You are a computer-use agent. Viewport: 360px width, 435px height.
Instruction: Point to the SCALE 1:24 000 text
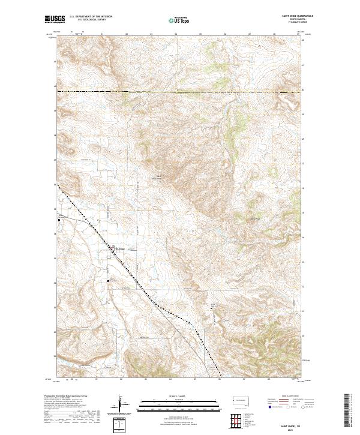[179, 397]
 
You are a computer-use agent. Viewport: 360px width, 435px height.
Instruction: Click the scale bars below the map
[179, 406]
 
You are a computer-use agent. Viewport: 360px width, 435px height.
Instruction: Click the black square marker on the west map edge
[59, 220]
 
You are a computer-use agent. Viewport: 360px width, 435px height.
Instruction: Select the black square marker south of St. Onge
[108, 280]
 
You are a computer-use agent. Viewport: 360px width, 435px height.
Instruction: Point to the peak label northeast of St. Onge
[159, 178]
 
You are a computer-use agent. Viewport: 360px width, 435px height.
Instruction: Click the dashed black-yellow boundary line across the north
[180, 91]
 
